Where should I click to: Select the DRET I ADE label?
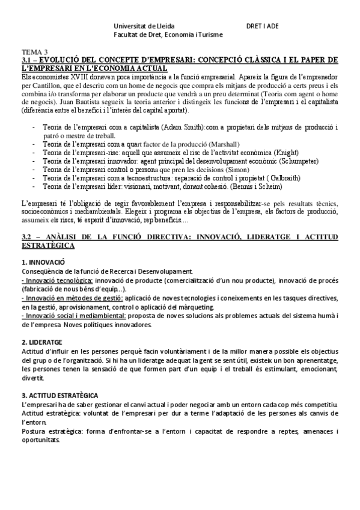coord(263,26)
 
